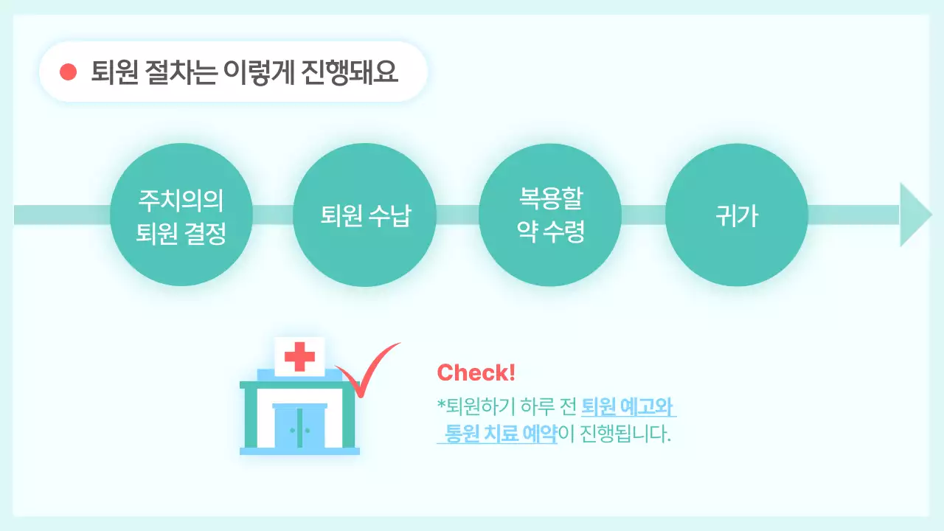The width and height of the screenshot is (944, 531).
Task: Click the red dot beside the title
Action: click(69, 72)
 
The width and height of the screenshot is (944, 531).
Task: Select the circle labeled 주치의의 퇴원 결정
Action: click(181, 215)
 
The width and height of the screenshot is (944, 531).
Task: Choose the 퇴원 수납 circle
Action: click(365, 215)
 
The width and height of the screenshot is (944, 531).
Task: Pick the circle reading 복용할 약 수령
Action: click(551, 215)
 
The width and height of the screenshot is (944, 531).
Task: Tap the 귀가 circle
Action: click(736, 215)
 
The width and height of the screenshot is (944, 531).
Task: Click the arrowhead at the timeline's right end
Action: click(914, 215)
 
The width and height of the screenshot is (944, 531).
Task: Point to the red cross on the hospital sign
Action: click(299, 358)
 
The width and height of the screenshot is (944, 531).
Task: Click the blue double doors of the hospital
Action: click(299, 428)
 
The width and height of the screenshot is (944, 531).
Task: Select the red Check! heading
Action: click(476, 372)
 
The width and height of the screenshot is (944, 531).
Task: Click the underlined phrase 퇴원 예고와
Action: click(628, 406)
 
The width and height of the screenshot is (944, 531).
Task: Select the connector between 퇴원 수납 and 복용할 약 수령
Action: click(457, 215)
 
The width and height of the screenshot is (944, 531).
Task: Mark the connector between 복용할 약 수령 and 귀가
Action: click(643, 215)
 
